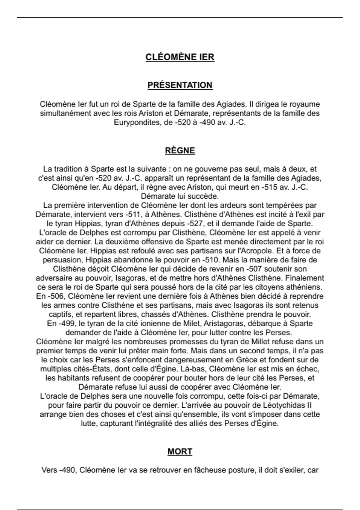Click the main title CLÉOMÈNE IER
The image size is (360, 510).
pyautogui.click(x=180, y=57)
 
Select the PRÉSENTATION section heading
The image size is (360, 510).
pyautogui.click(x=180, y=85)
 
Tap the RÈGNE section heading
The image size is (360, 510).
pyautogui.click(x=180, y=151)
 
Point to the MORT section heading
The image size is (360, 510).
pyautogui.click(x=180, y=451)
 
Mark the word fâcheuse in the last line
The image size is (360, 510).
pyautogui.click(x=202, y=470)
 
